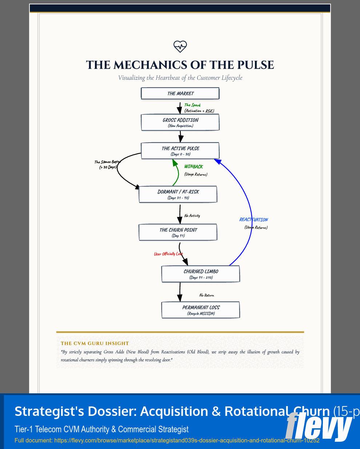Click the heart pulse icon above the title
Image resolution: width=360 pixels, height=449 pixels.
(x=180, y=46)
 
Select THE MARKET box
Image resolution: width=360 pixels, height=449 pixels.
(x=180, y=94)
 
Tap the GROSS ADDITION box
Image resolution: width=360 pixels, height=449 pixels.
(x=180, y=122)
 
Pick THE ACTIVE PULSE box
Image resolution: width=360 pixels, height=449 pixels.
(x=180, y=151)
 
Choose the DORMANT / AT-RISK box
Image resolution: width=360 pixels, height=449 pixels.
(x=178, y=194)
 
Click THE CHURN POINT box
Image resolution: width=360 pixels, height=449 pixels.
(x=178, y=232)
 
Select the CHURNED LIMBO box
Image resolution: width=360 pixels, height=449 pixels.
(x=200, y=274)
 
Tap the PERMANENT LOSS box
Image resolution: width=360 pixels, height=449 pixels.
(x=200, y=310)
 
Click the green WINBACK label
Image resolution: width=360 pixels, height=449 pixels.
(x=193, y=167)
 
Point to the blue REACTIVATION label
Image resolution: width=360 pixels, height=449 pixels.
(x=253, y=220)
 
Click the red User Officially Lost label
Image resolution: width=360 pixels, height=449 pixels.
(x=168, y=254)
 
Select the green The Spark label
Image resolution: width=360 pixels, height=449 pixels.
(x=192, y=105)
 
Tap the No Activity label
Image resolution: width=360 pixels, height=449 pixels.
(x=192, y=216)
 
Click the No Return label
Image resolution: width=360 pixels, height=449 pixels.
(x=207, y=295)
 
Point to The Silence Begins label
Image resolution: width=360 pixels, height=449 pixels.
(x=107, y=162)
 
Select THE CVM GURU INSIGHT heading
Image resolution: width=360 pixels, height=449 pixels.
(x=95, y=343)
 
